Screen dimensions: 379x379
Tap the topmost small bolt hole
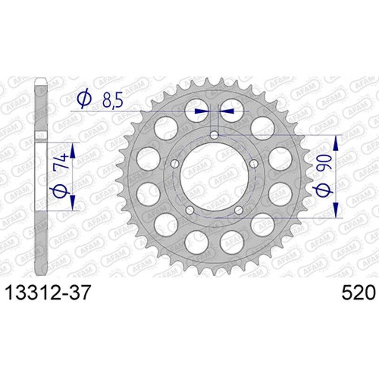(x=214, y=135)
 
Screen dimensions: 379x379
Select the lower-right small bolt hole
(x=239, y=210)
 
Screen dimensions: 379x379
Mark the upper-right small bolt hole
(x=254, y=164)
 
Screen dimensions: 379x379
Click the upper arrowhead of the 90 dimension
(x=336, y=142)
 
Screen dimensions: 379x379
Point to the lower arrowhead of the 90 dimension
(x=336, y=211)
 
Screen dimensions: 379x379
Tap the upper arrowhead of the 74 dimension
(x=72, y=150)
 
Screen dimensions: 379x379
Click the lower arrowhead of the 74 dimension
(x=72, y=203)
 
